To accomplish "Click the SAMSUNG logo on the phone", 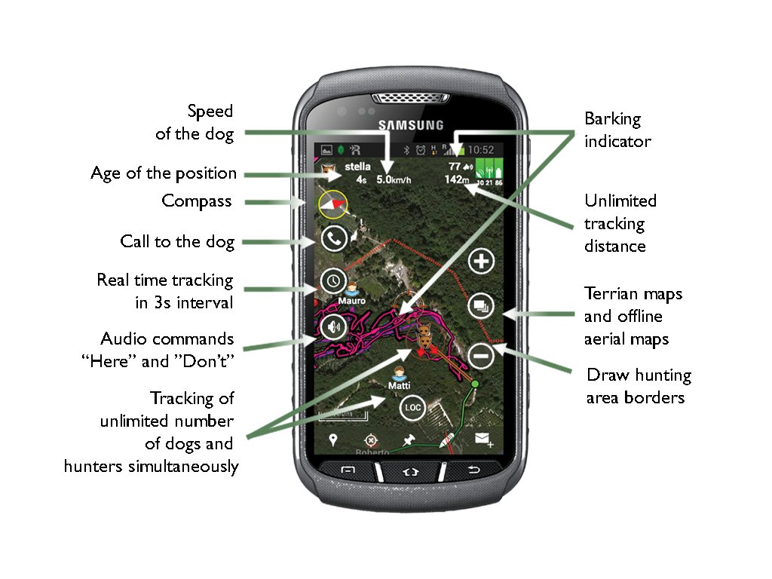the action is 411,124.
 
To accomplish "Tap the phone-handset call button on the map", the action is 333,239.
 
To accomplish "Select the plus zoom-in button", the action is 481,262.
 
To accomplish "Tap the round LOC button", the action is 412,408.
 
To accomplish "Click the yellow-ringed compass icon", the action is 332,204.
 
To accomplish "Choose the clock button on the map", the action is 333,281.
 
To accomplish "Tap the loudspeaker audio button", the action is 333,327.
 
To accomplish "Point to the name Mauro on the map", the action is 351,300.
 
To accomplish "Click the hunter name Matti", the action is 399,386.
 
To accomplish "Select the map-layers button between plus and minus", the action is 481,306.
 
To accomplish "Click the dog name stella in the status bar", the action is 357,166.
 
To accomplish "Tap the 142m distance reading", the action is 458,179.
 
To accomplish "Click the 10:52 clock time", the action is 480,150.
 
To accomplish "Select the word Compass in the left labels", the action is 196,201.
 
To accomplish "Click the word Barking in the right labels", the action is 612,119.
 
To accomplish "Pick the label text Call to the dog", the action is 177,242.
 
